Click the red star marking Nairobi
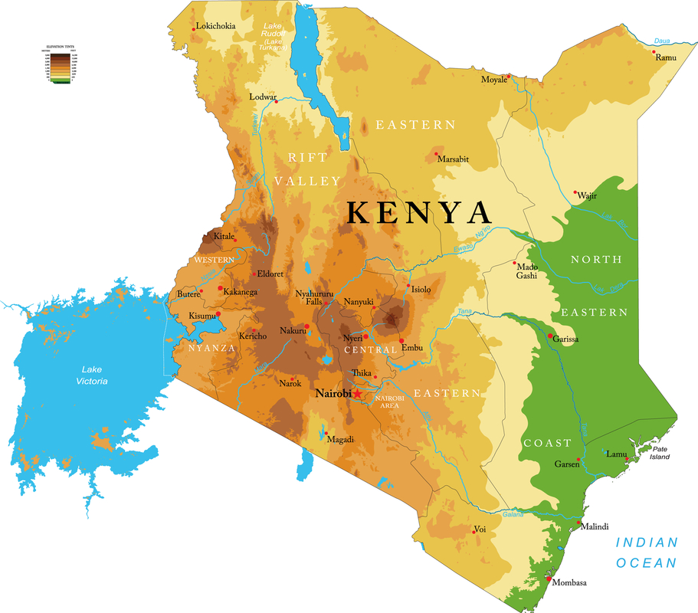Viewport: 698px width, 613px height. click(357, 393)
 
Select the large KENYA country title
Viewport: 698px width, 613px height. click(418, 212)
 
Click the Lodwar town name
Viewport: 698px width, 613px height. click(263, 97)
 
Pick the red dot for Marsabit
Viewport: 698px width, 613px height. click(437, 154)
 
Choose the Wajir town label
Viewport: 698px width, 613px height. click(587, 195)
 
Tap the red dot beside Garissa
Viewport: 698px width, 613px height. click(550, 336)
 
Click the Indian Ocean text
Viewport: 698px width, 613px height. click(647, 552)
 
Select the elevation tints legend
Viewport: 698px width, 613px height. click(56, 64)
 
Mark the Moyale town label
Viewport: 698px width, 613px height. click(493, 80)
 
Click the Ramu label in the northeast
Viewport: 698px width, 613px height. click(666, 57)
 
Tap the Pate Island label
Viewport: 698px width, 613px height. click(660, 453)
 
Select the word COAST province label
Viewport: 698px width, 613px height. click(547, 443)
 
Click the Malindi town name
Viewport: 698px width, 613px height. click(595, 526)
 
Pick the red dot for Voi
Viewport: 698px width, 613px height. click(472, 528)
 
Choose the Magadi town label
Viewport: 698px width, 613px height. click(340, 439)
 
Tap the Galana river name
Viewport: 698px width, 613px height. click(513, 514)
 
